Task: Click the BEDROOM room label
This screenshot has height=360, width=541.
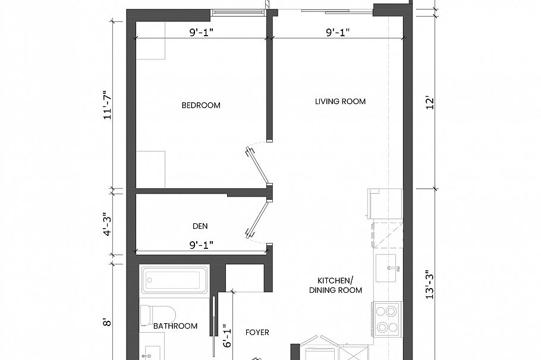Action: click(201, 106)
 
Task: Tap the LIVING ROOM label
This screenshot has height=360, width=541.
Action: click(340, 102)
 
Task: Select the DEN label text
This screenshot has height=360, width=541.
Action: click(200, 226)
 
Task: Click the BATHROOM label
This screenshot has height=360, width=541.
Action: click(175, 326)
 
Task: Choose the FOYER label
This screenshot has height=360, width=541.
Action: click(257, 332)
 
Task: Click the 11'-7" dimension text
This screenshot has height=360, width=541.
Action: click(108, 106)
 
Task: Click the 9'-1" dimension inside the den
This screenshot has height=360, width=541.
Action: click(201, 244)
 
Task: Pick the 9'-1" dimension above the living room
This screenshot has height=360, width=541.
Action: click(338, 33)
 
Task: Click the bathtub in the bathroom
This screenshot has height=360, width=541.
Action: click(174, 280)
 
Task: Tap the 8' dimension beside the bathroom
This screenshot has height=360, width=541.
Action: click(108, 323)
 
